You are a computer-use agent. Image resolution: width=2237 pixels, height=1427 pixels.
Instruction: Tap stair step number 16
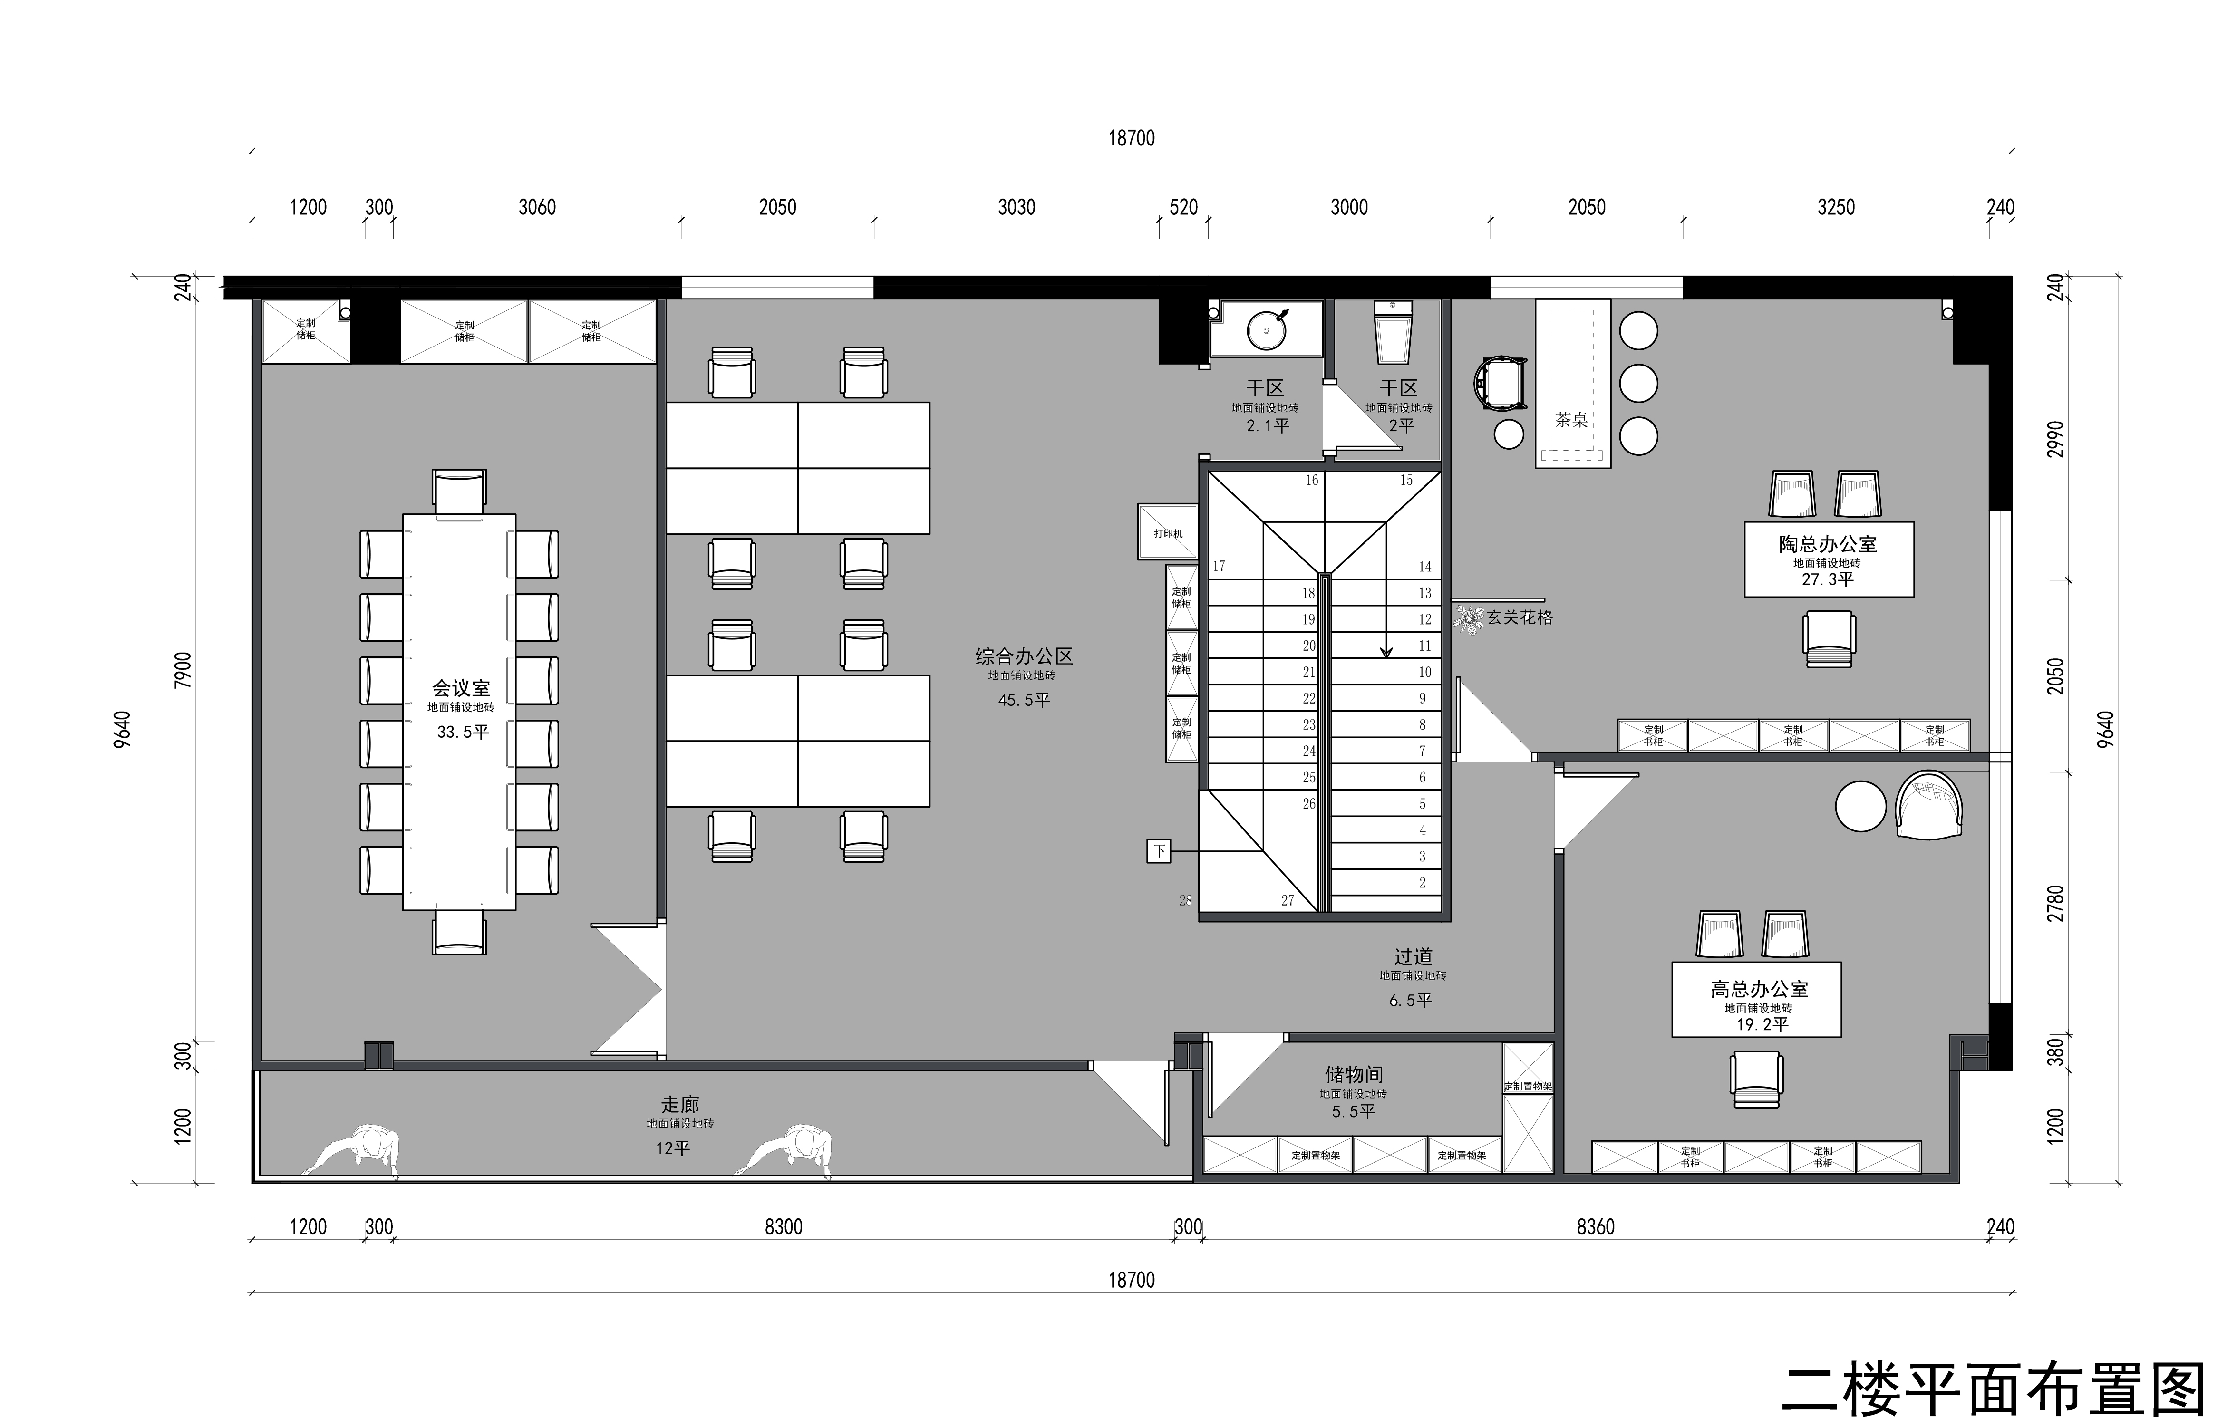(x=1312, y=480)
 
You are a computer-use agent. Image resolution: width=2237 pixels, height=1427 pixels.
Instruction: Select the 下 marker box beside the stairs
(x=1159, y=850)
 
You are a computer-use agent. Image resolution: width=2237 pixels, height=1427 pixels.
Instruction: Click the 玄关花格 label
(x=1520, y=617)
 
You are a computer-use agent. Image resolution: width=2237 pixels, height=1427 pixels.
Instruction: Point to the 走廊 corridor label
(x=680, y=1105)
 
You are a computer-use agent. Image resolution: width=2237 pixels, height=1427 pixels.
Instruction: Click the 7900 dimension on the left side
(x=183, y=670)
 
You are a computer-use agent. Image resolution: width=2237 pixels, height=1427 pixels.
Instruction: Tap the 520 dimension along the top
(x=1183, y=207)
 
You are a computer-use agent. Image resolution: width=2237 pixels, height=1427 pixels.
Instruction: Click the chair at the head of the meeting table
(x=459, y=492)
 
